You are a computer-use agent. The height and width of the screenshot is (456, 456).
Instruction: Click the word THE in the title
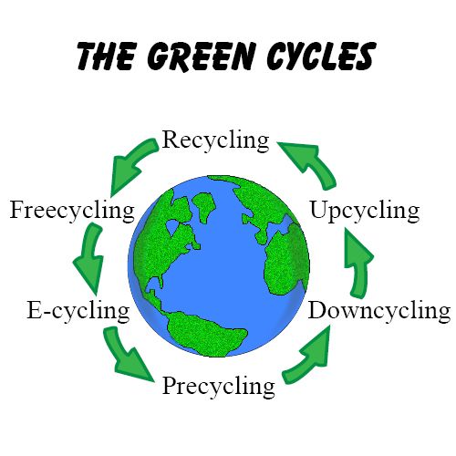106,57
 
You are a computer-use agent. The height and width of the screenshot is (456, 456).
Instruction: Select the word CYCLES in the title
321,56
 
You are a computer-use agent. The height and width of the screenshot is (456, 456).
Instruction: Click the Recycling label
215,140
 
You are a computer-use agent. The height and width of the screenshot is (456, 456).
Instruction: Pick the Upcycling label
365,211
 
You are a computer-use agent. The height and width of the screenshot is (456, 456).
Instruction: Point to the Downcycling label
379,311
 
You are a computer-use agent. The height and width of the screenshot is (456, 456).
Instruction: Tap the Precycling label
219,386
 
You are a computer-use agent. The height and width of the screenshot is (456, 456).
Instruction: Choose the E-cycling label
78,311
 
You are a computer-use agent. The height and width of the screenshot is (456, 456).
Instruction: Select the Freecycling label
72,211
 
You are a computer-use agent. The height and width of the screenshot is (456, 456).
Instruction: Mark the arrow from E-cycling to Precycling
125,354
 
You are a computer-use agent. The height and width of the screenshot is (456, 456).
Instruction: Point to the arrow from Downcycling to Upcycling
358,263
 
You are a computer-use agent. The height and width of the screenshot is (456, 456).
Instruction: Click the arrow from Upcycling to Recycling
313,162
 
